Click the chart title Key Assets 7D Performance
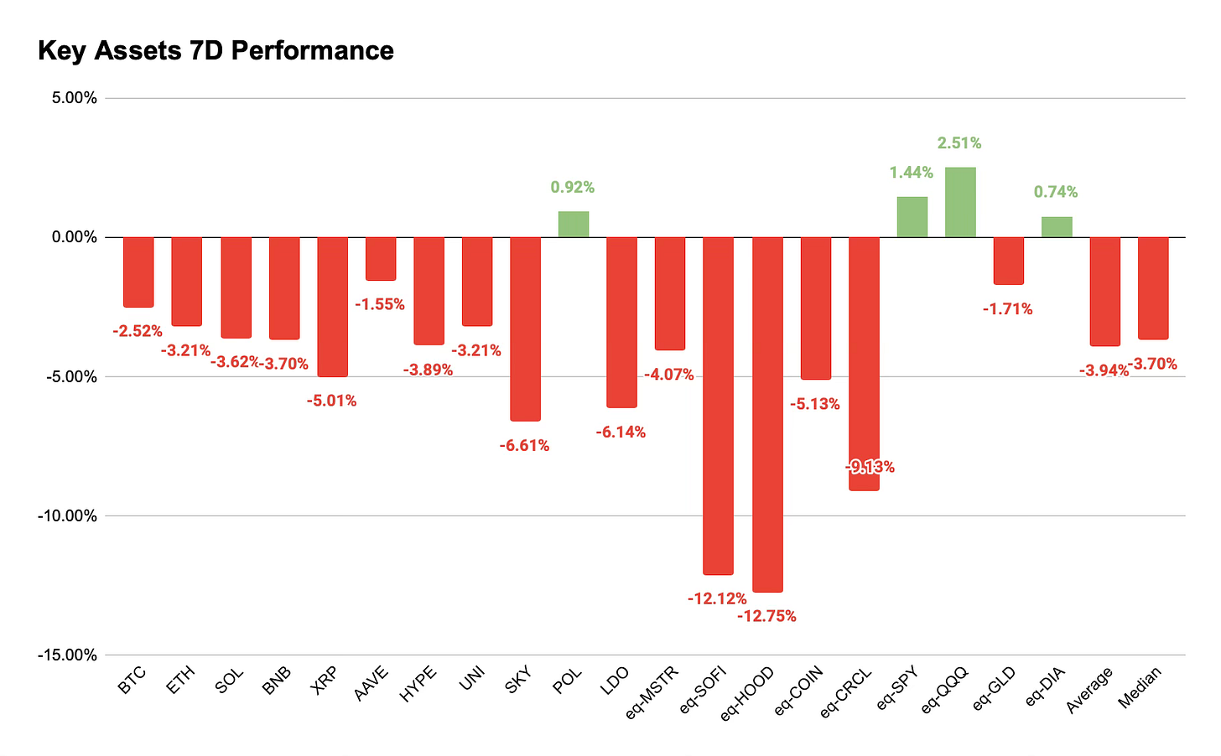pos(216,50)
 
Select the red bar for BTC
pos(138,272)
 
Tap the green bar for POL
pos(574,225)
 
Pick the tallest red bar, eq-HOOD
pos(767,415)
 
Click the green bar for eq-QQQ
pos(960,203)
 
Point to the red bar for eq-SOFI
pos(719,406)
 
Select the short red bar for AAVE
pos(381,259)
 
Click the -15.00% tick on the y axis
pos(68,655)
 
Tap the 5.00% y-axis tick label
pos(75,98)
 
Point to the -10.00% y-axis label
pos(68,515)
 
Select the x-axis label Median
pos(1140,686)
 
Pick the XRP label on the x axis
pos(324,680)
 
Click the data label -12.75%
pos(767,616)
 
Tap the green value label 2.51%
pos(959,143)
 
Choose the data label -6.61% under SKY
pos(524,446)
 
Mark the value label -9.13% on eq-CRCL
pos(870,467)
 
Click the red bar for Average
pos(1105,292)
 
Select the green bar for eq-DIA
pos(1057,227)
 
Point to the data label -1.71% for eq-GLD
pos(1008,309)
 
